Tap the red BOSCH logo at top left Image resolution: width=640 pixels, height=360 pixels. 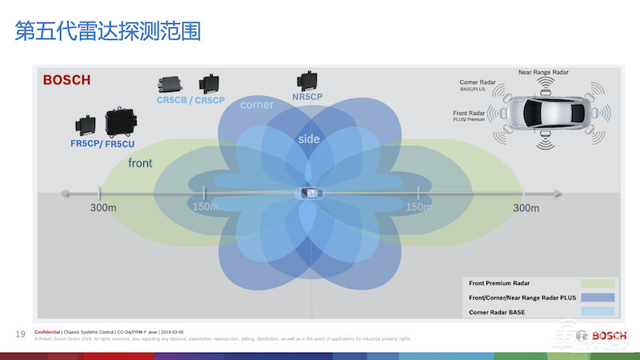coord(66,80)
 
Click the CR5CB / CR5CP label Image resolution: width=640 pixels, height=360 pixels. coord(190,101)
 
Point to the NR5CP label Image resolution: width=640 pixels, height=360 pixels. coord(307,97)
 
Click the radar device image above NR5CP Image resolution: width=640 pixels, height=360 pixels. coord(307,80)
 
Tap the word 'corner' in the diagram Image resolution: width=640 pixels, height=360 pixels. coord(257,105)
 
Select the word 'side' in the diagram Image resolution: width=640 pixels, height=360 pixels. coord(309,139)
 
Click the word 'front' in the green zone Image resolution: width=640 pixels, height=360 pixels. coord(140,163)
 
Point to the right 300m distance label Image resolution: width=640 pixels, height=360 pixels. coord(526,208)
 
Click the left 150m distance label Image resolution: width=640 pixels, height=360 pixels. coord(205,208)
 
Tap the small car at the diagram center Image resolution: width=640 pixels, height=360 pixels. coord(308,194)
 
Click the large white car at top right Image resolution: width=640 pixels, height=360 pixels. coord(549,114)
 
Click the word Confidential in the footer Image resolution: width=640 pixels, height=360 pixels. coord(49,331)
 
